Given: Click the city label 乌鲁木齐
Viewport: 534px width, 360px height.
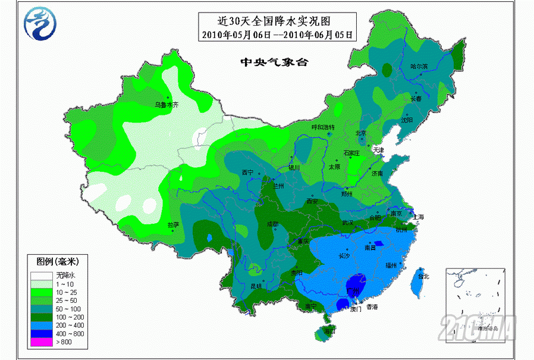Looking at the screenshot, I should point(167,104).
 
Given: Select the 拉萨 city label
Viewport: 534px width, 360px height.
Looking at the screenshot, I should point(173,225).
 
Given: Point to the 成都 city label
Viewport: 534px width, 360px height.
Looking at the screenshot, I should point(272,224).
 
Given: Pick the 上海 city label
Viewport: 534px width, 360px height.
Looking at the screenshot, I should point(418,217).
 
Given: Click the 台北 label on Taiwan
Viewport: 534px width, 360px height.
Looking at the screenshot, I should point(423,276).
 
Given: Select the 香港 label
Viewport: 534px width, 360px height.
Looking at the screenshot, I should point(372,307).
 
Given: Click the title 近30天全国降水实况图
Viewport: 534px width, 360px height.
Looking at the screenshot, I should point(277,21).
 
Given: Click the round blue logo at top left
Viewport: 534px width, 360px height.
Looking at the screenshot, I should point(39,23).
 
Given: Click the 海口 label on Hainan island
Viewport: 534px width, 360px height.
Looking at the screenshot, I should point(328,330).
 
